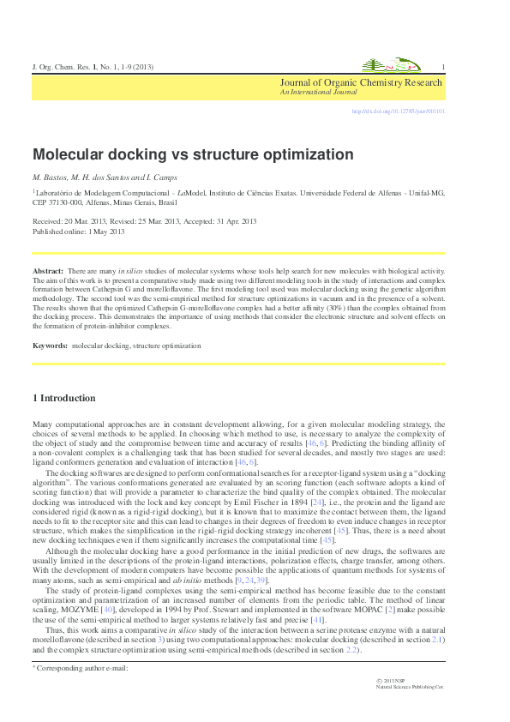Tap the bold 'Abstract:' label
(x=47, y=270)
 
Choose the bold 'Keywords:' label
(x=51, y=346)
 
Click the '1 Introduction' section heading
(x=63, y=398)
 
